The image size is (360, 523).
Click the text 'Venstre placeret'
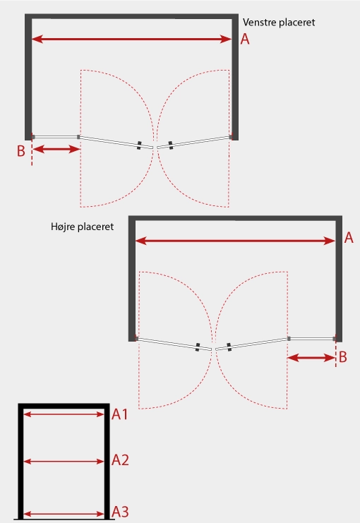tap(279, 23)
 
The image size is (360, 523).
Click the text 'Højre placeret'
tap(82, 227)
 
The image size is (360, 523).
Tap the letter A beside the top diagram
tap(245, 39)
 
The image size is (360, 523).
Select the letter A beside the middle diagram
tap(349, 238)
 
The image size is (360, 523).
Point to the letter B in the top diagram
tap(21, 151)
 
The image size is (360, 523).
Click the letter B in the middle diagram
tap(342, 357)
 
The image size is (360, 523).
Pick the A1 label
tap(120, 414)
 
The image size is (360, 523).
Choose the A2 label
tap(120, 460)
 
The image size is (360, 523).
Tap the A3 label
tap(120, 512)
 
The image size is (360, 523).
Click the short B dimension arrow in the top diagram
tap(56, 149)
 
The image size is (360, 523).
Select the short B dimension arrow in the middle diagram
tap(311, 358)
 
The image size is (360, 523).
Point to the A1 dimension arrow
tap(64, 414)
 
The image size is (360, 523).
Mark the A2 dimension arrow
tap(64, 462)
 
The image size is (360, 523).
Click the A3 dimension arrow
tap(64, 514)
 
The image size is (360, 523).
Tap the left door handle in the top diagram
tap(139, 145)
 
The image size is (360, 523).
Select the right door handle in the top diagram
tap(171, 145)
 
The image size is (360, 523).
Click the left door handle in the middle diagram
tap(198, 347)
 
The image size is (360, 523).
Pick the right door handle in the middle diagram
tap(229, 347)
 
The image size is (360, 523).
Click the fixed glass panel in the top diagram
tap(56, 137)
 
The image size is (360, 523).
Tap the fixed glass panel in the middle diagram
tap(312, 339)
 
